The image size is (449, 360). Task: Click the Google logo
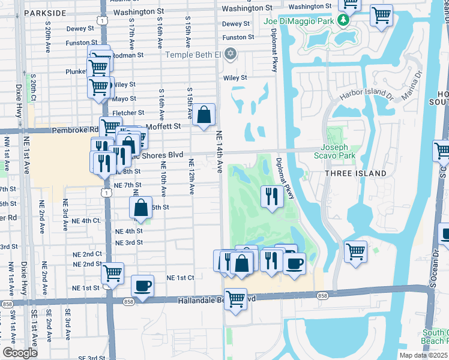20,353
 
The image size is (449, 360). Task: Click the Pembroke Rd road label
78,129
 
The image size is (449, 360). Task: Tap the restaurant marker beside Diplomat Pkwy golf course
272,195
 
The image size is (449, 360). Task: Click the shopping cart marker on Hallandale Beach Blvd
235,298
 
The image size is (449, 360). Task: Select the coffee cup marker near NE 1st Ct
142,286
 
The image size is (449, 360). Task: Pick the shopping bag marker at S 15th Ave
204,113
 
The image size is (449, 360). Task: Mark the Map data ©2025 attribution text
423,355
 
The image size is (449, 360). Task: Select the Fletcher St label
128,112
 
